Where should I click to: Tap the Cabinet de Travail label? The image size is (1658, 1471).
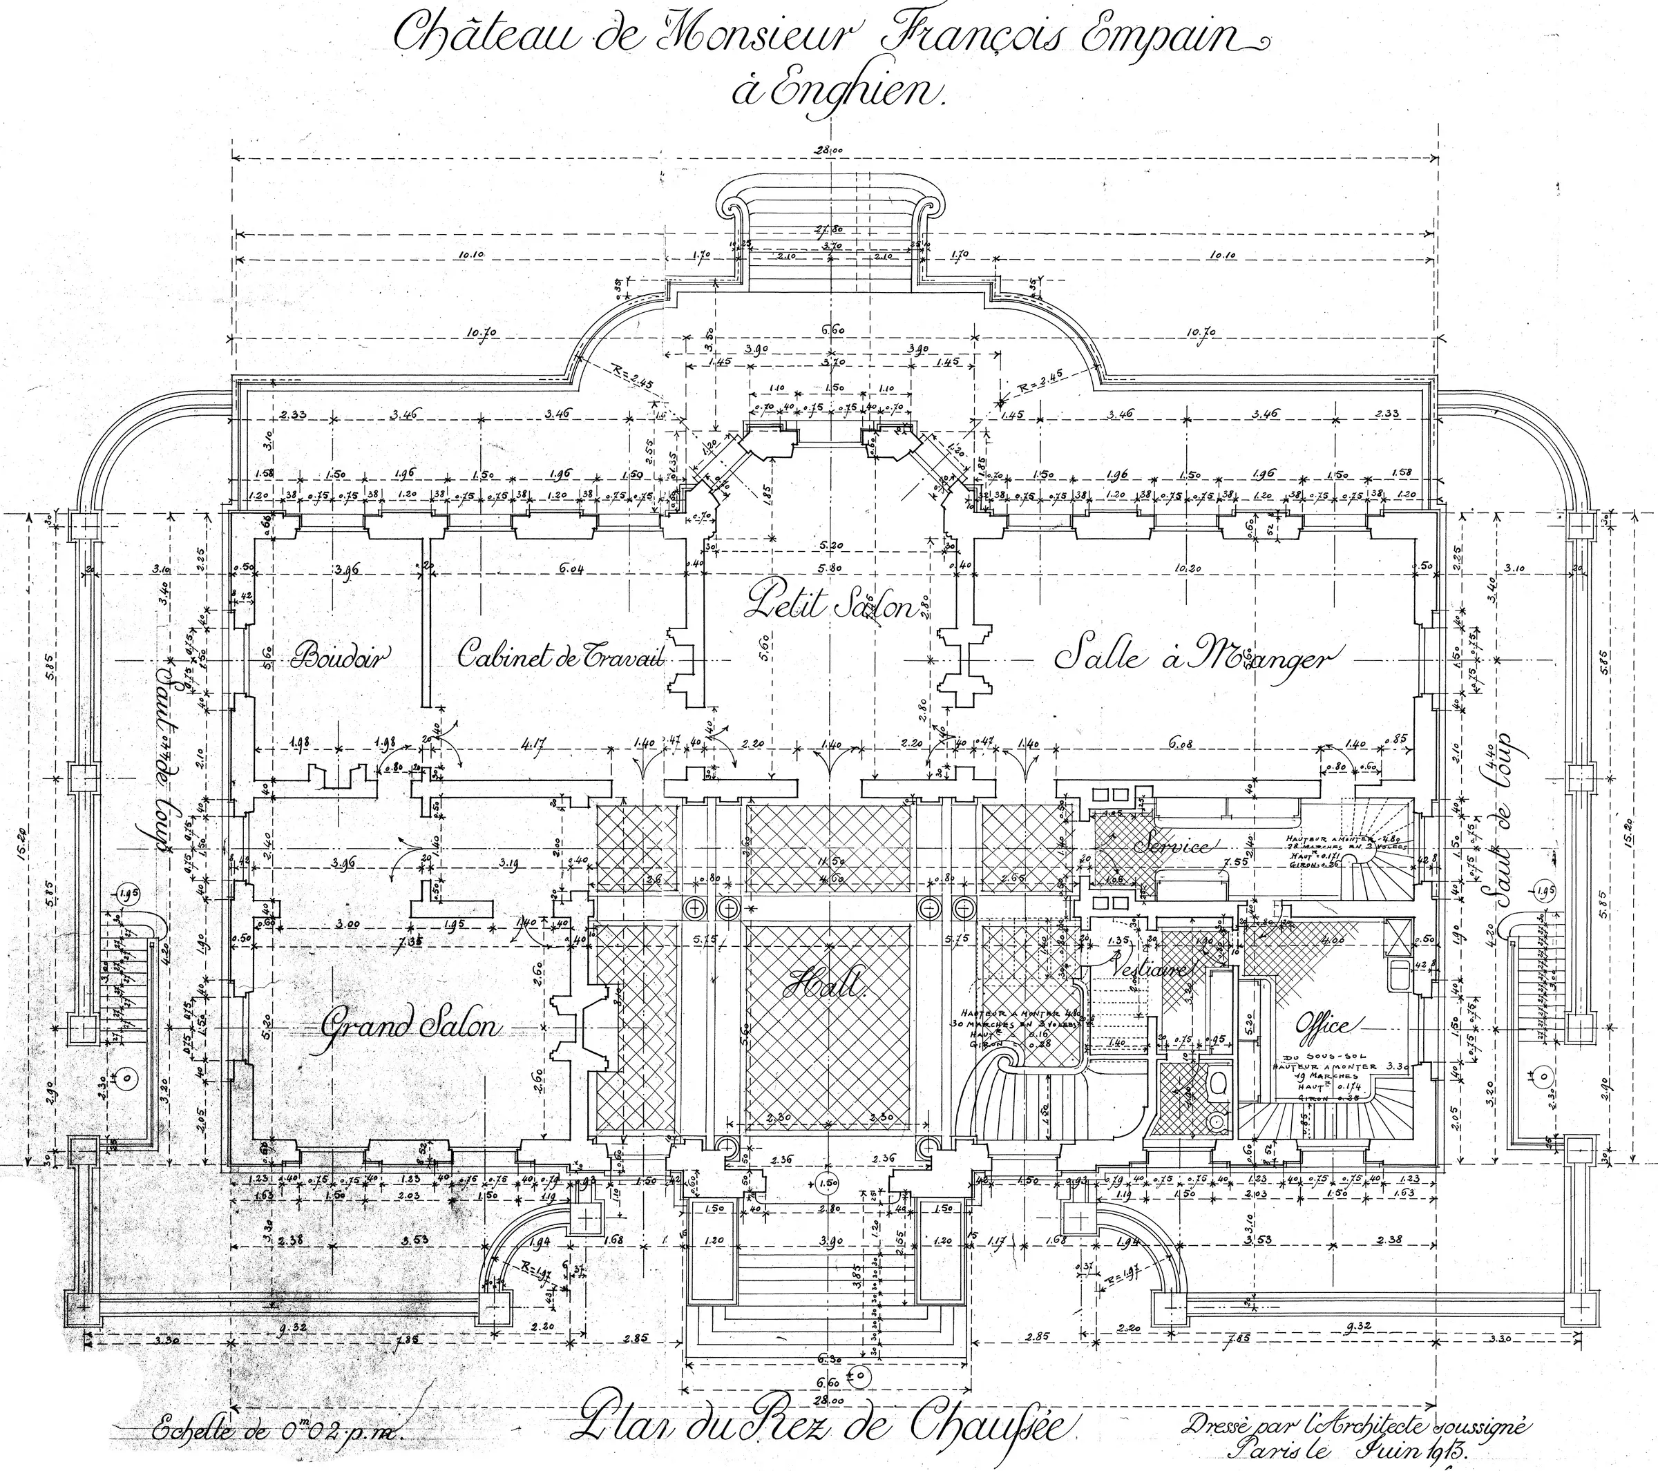coord(560,655)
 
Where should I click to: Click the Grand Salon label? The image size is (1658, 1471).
coord(409,1027)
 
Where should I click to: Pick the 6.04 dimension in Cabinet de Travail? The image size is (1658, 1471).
coord(572,568)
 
